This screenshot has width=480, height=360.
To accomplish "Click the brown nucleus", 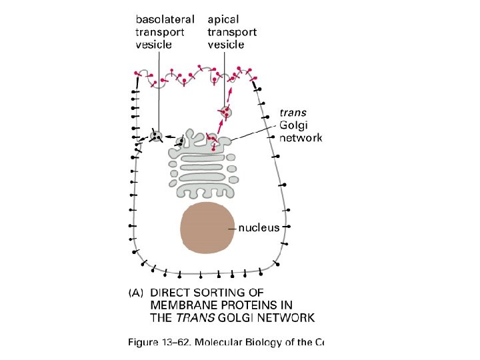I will point(207,227).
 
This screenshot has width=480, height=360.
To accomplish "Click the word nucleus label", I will point(259,227).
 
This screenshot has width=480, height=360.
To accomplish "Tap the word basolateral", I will point(165,19).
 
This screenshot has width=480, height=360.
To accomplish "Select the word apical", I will point(223,19).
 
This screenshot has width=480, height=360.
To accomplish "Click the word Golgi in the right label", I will point(293,125).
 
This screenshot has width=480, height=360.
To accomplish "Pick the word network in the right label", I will point(300,138).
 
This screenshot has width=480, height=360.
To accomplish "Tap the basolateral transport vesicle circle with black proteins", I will point(157,136).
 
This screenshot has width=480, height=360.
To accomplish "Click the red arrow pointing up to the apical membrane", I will point(230,93).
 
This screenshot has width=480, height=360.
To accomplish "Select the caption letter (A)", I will point(137,293).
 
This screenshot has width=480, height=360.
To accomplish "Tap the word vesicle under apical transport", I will point(226,45).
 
